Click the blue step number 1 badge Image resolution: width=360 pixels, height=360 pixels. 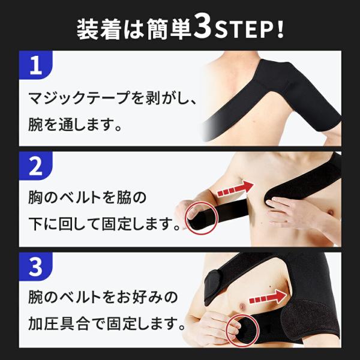coord(35,65)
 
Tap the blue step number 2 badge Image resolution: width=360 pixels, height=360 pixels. coord(35,166)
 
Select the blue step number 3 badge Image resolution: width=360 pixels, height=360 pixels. coord(35,266)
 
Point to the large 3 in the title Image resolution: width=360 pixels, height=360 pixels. coord(202,26)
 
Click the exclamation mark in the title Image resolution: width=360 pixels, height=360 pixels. coord(280,30)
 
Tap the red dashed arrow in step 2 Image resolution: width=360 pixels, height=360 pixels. coord(236,189)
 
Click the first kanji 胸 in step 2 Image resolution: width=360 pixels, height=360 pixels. coord(35,197)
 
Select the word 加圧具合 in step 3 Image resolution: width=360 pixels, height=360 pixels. coord(58,323)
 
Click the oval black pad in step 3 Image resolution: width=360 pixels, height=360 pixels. coord(213,287)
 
